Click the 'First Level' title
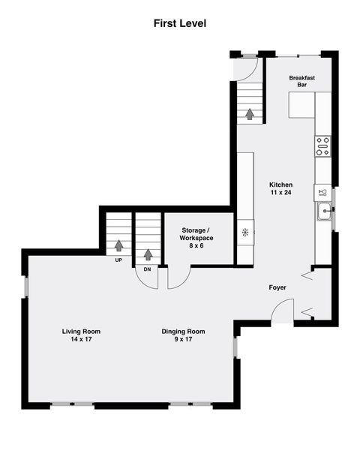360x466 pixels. [180, 23]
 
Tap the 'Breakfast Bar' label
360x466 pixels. [301, 82]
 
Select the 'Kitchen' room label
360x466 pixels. [281, 185]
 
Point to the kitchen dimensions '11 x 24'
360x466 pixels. [281, 193]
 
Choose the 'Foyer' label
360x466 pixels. [278, 287]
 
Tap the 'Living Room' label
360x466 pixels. [81, 331]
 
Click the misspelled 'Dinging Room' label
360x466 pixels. [183, 331]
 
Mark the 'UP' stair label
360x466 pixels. [118, 260]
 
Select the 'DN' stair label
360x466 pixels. [147, 268]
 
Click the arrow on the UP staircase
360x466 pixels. [118, 245]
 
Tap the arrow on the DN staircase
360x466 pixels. [148, 254]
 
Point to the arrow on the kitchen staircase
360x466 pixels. [249, 114]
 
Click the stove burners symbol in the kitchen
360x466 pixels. [323, 146]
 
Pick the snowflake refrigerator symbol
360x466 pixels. [244, 232]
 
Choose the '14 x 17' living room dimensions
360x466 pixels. [81, 340]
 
